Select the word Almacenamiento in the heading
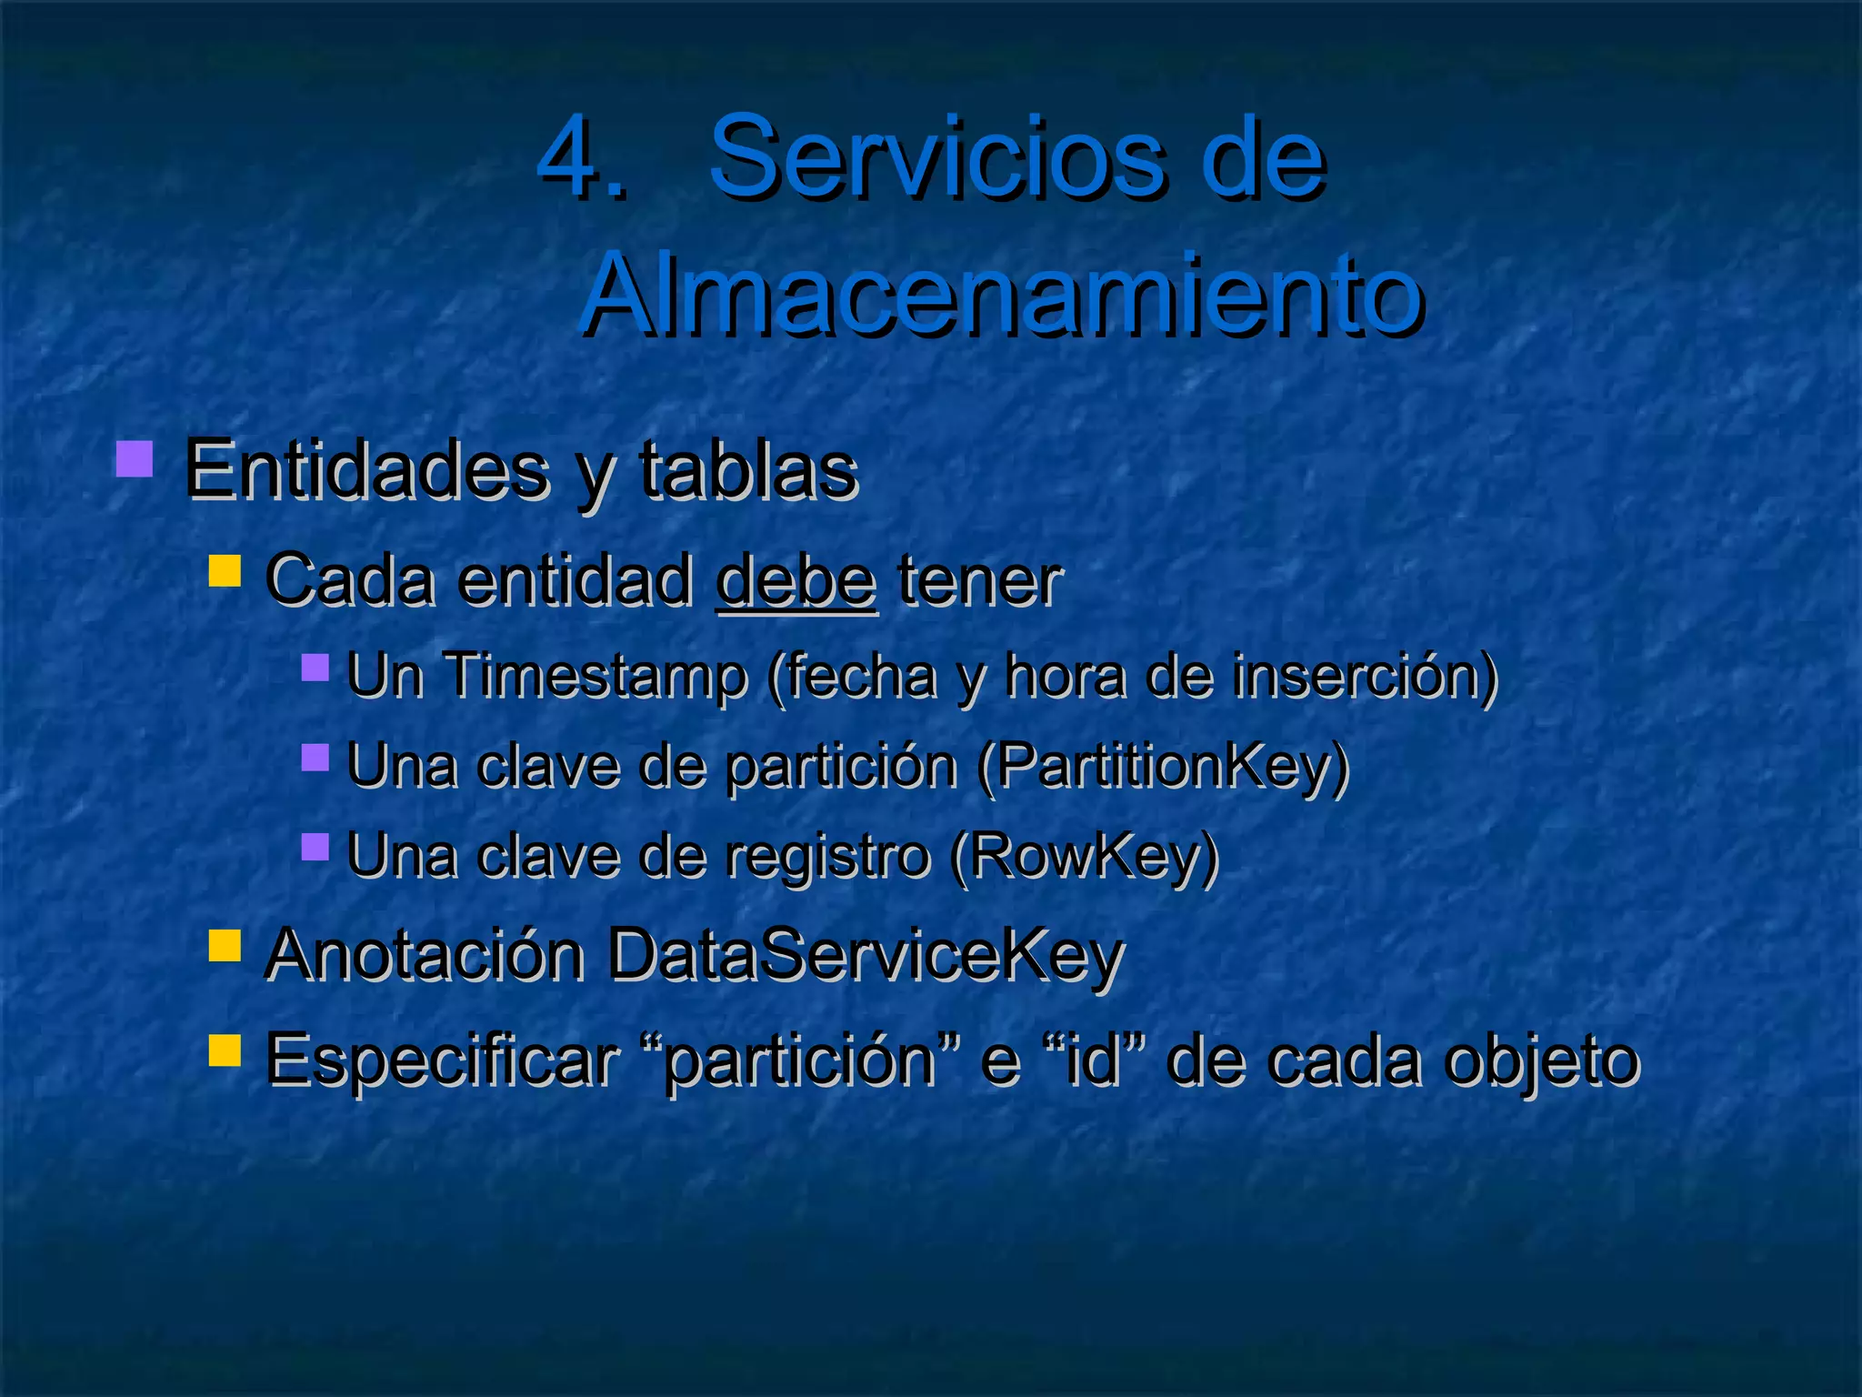point(1001,294)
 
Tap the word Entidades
point(366,469)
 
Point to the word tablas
point(748,469)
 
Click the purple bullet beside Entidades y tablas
point(135,458)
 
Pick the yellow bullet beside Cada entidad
point(225,572)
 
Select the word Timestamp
point(596,676)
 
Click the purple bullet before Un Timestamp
point(315,667)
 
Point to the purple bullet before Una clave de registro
point(315,846)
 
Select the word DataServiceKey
point(866,955)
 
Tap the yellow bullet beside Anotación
point(225,945)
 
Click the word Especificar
point(441,1060)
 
